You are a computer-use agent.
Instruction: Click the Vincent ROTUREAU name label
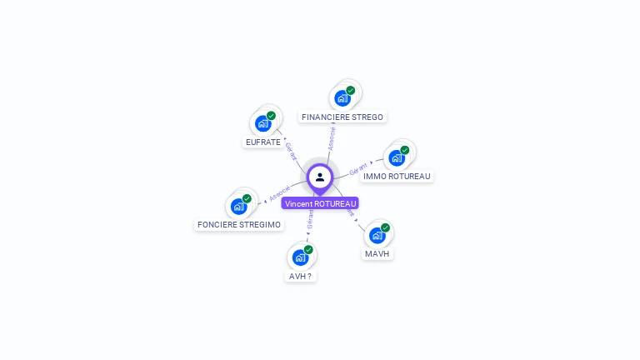tap(320, 203)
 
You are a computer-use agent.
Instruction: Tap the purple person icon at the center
tap(320, 177)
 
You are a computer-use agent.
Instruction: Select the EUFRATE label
tap(263, 142)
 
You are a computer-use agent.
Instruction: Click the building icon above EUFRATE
tap(263, 124)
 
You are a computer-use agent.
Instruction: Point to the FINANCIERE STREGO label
tap(342, 117)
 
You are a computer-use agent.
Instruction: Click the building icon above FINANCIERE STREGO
tap(342, 98)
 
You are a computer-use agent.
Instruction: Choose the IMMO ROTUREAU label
tap(397, 176)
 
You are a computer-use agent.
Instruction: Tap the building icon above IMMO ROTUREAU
tap(397, 157)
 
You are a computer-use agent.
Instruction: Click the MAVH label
tap(377, 253)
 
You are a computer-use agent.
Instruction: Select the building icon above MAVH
tap(377, 235)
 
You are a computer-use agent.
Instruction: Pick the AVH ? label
tap(300, 276)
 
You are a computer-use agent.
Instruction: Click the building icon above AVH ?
tap(300, 257)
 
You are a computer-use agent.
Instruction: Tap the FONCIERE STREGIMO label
tap(239, 225)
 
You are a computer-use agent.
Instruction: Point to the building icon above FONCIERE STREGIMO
tap(239, 206)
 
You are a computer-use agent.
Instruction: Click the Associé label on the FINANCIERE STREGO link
tap(332, 137)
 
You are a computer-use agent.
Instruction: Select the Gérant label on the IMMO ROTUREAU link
tap(358, 167)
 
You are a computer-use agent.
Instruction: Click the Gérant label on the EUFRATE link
tap(291, 151)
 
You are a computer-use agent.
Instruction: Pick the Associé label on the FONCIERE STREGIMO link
tap(280, 192)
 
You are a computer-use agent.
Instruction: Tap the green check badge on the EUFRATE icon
tap(271, 116)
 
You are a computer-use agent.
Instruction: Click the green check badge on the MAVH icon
tap(385, 227)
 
